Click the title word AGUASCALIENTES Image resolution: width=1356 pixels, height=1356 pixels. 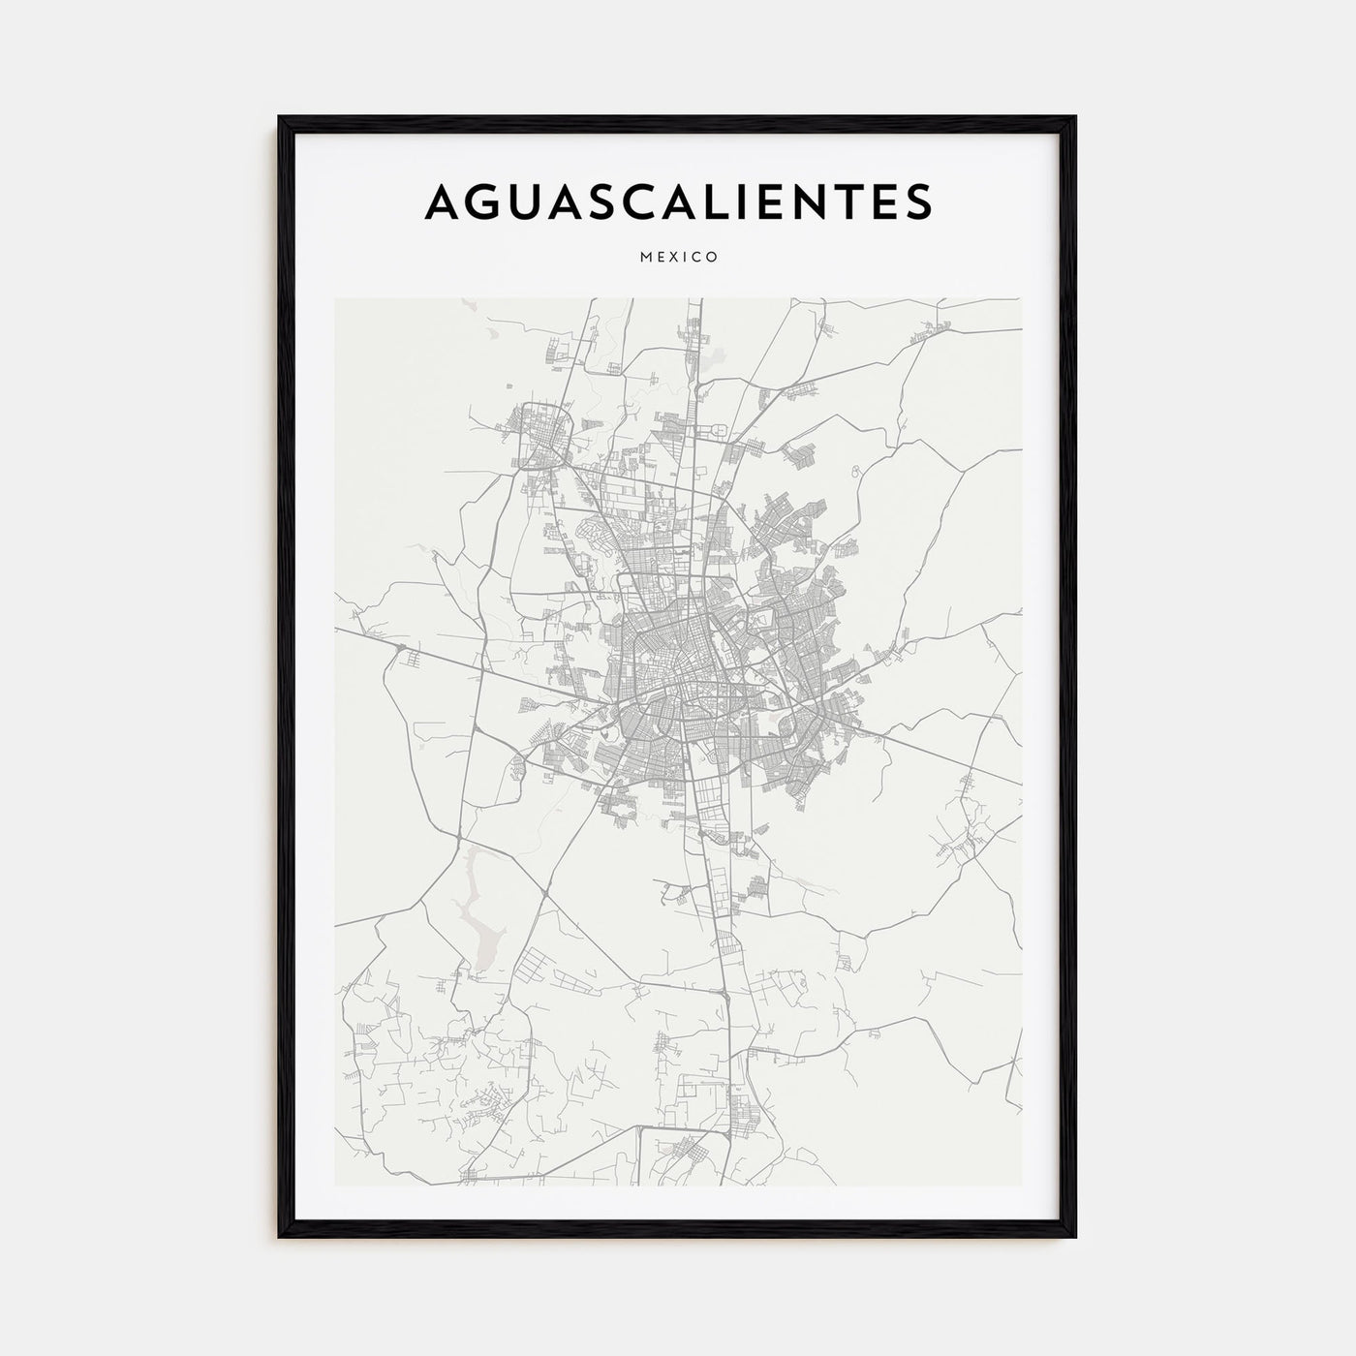678,200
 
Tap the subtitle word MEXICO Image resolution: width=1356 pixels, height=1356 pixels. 678,258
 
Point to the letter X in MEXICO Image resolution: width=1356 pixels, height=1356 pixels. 678,258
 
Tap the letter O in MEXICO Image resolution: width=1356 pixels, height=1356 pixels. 712,258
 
